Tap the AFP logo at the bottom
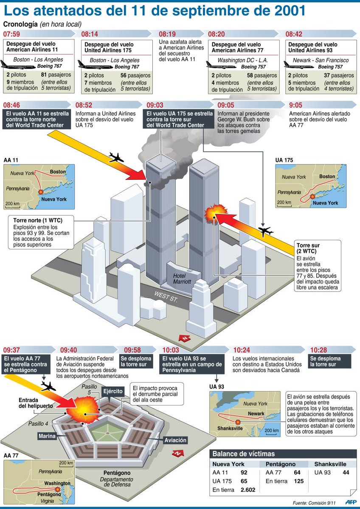click(350, 502)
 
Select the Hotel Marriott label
click(182, 278)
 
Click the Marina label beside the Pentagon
click(47, 436)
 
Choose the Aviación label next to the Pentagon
click(175, 440)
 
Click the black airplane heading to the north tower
click(116, 158)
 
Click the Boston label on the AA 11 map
click(58, 172)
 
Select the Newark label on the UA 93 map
click(256, 414)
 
